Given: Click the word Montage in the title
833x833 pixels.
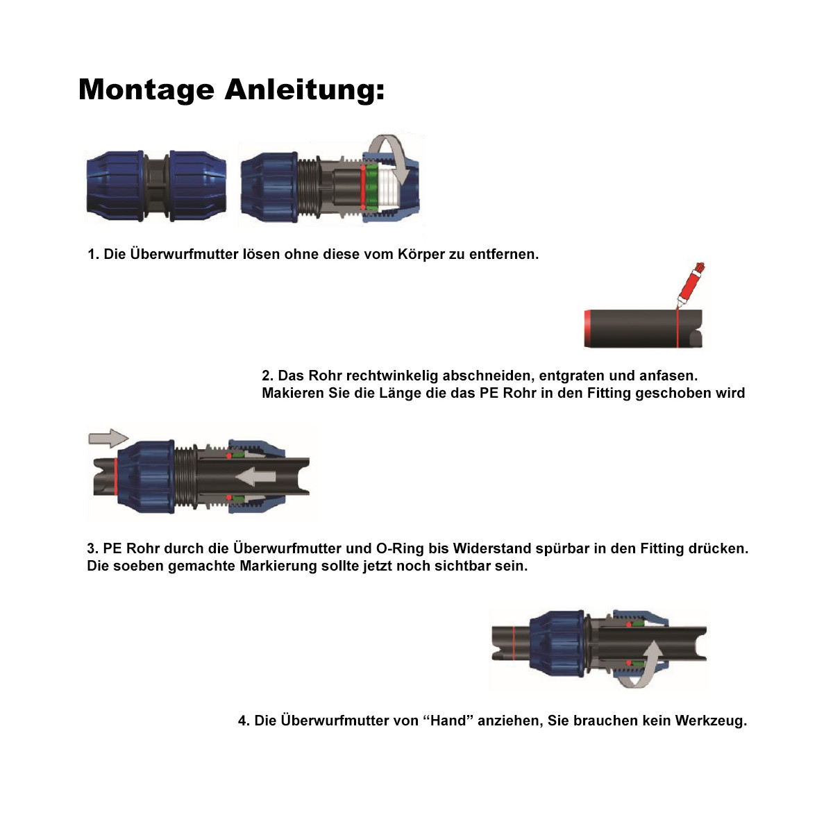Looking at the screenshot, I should (146, 90).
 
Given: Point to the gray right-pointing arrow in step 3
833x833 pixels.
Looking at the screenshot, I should (108, 438).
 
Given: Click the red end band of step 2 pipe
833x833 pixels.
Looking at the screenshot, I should (587, 329).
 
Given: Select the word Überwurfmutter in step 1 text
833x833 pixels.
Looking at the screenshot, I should (184, 254).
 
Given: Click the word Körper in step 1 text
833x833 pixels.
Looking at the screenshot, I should (421, 254).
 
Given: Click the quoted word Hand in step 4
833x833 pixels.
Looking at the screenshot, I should (448, 721).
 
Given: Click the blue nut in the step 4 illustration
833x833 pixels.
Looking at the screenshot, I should (556, 641).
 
